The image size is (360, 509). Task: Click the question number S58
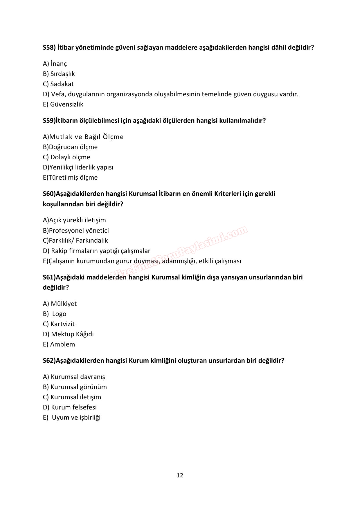click(49, 47)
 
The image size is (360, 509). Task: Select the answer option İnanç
click(58, 64)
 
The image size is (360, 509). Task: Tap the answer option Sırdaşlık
click(62, 74)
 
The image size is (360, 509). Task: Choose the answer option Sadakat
click(62, 84)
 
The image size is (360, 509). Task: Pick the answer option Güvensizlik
click(66, 104)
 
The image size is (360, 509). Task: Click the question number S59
click(49, 120)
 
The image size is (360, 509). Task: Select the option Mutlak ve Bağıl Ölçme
click(86, 137)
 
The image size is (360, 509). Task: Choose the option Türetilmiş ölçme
click(73, 177)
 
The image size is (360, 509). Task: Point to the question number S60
click(49, 194)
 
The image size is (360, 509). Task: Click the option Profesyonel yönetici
click(79, 230)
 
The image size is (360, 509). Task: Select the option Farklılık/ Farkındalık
click(78, 240)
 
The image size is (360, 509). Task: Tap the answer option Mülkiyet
click(64, 304)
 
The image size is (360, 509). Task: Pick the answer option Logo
click(59, 314)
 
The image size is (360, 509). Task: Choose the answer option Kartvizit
click(62, 324)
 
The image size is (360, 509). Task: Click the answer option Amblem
click(62, 344)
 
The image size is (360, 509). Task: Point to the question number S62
click(49, 360)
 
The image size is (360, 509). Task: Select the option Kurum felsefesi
click(74, 407)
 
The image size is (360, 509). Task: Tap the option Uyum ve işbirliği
click(76, 417)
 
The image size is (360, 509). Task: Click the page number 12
click(180, 475)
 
